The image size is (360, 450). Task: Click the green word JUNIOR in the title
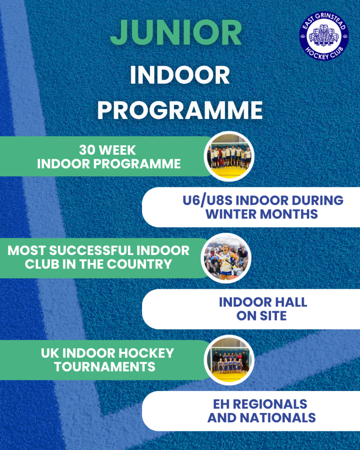(176, 33)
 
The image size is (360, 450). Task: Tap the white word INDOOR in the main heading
(180, 75)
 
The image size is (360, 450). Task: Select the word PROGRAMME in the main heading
(180, 110)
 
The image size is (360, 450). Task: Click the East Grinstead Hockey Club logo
(324, 36)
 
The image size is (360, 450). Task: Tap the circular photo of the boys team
(229, 157)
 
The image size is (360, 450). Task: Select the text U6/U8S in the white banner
(207, 200)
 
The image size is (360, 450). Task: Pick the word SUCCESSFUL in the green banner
(91, 250)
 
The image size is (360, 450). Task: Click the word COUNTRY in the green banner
(140, 264)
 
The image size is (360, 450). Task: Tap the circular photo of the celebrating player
(226, 258)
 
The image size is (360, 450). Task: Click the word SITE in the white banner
(273, 315)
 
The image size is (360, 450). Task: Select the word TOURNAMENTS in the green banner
(105, 367)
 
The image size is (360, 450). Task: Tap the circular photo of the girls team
(229, 360)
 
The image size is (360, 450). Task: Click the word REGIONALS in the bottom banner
(270, 404)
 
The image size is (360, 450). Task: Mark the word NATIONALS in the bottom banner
(278, 418)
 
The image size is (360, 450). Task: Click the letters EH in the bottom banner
(221, 404)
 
